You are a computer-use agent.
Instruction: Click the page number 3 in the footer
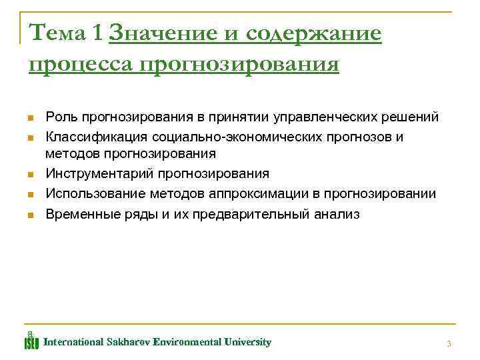pos(449,343)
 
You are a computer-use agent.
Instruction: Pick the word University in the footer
pos(248,342)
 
